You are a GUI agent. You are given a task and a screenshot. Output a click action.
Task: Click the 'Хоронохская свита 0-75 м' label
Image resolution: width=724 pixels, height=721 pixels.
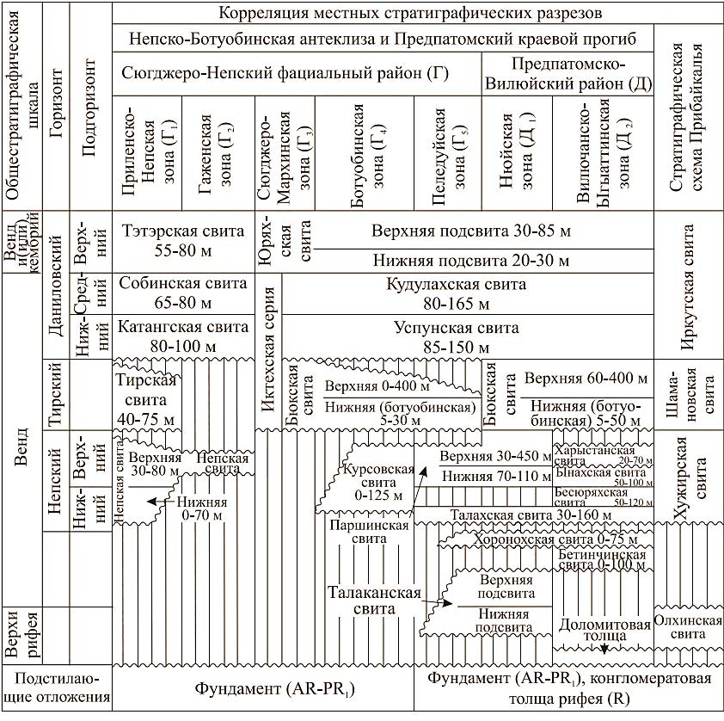tap(548, 539)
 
